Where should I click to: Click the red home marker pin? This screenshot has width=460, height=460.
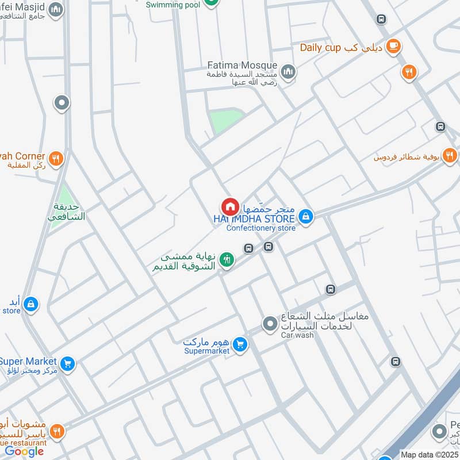(x=229, y=206)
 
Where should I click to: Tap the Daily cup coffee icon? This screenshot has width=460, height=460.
(x=393, y=46)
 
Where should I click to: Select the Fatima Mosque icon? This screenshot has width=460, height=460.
(x=289, y=72)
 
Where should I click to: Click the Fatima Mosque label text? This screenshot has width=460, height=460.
(x=242, y=66)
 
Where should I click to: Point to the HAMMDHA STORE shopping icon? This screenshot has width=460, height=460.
(x=306, y=216)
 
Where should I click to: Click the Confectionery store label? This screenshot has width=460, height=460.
(x=261, y=228)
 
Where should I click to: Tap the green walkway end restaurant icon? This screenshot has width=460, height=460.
(x=227, y=260)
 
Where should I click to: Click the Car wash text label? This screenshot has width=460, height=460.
(x=297, y=335)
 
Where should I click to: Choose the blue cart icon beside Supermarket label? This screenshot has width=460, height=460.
(x=240, y=344)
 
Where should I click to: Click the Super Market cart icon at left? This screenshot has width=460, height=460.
(x=68, y=363)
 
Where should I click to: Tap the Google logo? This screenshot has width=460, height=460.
(x=25, y=451)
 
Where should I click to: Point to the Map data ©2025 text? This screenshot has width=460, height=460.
(x=429, y=455)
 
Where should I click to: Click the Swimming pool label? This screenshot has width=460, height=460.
(x=172, y=5)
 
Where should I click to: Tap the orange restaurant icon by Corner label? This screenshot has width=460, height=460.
(x=56, y=158)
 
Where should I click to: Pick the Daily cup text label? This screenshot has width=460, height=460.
(x=321, y=47)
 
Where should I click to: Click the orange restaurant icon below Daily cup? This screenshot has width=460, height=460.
(x=409, y=72)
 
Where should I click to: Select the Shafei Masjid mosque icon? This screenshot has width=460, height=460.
(x=56, y=10)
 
